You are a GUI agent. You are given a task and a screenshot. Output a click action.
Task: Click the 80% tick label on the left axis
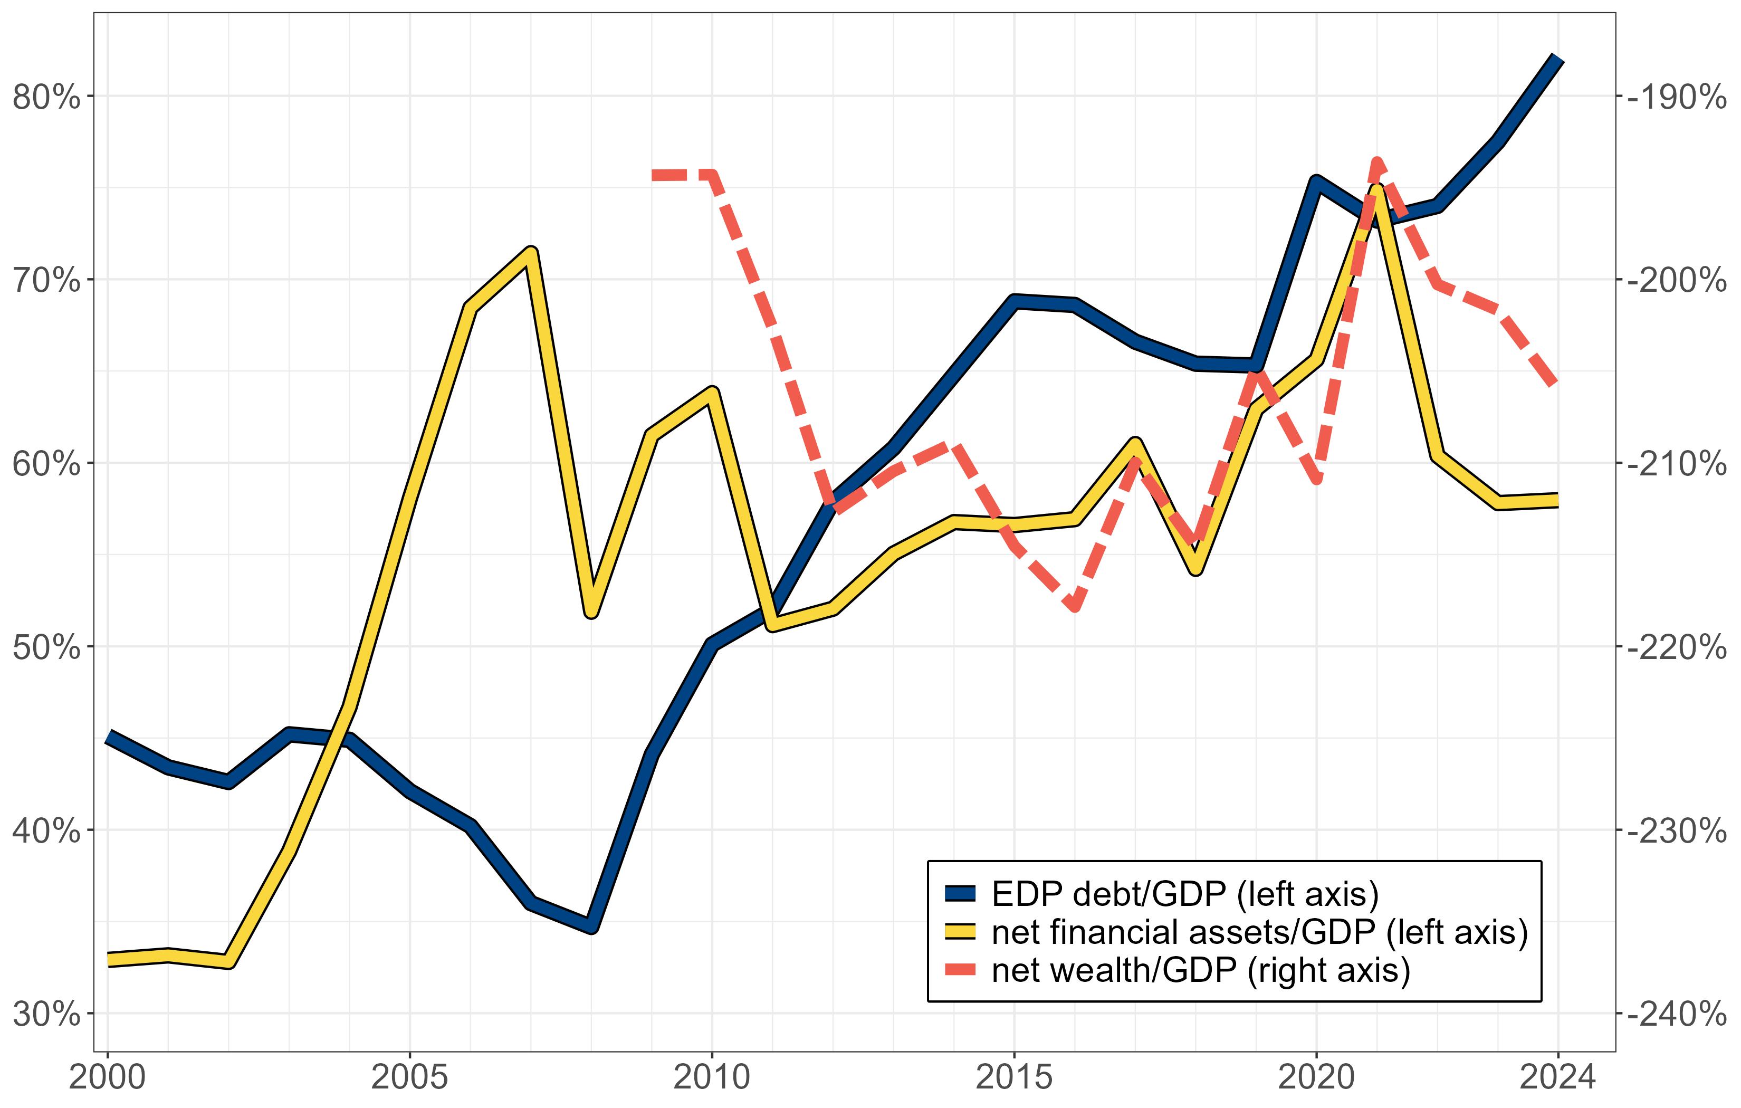coord(46,97)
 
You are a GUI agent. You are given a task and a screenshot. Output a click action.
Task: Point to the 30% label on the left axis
coord(46,1015)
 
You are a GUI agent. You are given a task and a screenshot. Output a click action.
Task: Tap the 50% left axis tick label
coord(46,647)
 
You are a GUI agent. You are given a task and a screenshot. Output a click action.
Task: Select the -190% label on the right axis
coord(1676,97)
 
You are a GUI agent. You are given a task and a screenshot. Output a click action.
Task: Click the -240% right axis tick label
coord(1676,1015)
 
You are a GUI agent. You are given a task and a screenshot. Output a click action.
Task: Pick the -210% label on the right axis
coord(1676,464)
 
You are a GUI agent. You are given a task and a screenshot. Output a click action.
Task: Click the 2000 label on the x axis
coord(107,1077)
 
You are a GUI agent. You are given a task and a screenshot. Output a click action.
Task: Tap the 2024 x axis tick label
coord(1557,1077)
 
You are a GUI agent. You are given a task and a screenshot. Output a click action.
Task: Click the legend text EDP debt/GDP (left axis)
coord(1185,895)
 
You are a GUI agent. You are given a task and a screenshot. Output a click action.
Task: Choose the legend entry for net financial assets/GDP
coord(1259,932)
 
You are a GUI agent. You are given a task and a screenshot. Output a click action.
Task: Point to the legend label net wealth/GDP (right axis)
coord(1200,971)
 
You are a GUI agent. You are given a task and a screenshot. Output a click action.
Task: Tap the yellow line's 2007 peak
coord(531,253)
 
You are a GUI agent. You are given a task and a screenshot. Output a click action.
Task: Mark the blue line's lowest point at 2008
coord(592,926)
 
